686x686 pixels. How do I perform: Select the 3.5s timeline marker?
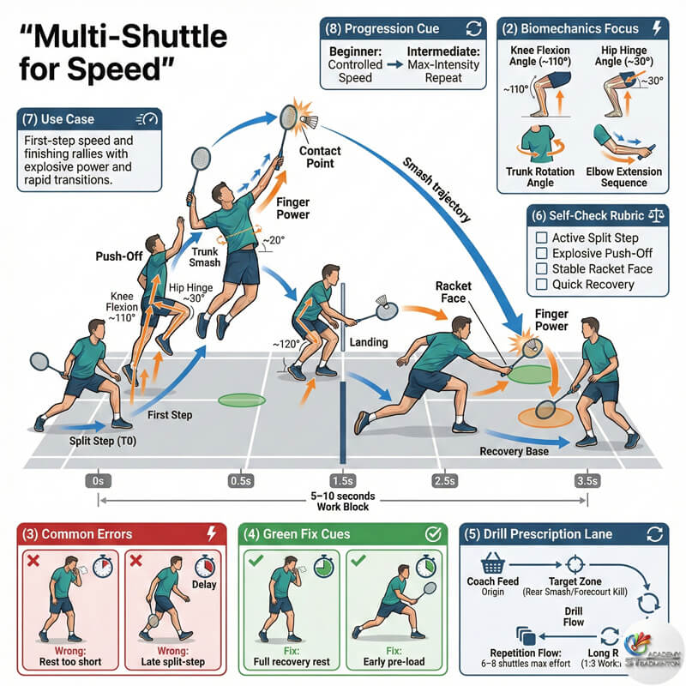coord(587,480)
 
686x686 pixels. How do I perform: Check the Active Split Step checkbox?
coord(541,238)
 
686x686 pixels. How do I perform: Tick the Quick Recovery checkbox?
coord(541,284)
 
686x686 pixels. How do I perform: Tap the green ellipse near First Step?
coord(243,399)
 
